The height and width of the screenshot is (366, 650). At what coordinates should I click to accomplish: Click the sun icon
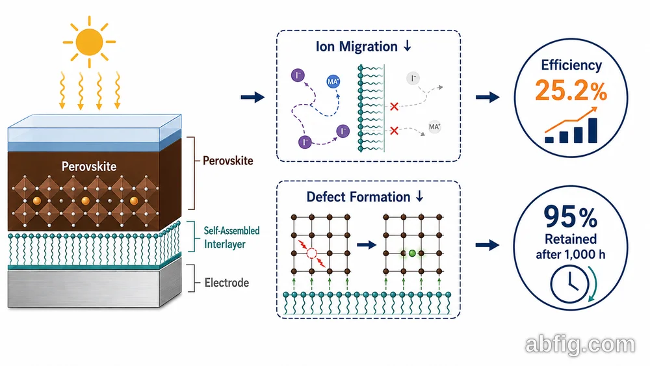click(x=89, y=42)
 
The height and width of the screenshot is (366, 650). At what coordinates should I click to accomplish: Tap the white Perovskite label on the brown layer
click(x=89, y=166)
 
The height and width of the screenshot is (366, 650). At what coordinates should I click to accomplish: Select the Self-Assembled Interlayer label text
click(x=231, y=237)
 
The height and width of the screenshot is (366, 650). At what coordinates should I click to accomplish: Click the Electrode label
click(x=227, y=283)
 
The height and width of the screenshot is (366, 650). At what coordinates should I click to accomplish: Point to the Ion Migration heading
click(x=363, y=46)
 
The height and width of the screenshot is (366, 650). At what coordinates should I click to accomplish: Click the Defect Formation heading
click(x=365, y=196)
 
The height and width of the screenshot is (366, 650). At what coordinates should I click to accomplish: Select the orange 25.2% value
click(x=571, y=90)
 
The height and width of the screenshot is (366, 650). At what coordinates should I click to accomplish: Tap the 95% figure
click(x=571, y=216)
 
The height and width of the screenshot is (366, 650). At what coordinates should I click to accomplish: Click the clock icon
click(x=569, y=284)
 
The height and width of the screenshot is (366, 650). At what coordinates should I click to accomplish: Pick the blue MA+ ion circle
click(x=333, y=82)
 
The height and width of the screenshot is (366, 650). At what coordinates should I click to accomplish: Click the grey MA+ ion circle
click(x=434, y=127)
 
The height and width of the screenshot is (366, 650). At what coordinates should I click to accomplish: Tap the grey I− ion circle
click(x=413, y=79)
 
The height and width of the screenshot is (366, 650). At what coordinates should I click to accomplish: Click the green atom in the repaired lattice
click(x=412, y=253)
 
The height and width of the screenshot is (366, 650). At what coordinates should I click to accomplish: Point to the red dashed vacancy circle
click(x=311, y=254)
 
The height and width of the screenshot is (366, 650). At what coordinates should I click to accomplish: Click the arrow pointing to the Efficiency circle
click(x=487, y=98)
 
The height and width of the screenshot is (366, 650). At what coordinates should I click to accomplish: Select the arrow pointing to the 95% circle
click(x=487, y=245)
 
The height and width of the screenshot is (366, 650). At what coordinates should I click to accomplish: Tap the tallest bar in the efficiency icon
click(x=592, y=131)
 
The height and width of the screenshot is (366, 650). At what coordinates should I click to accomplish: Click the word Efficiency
click(x=571, y=65)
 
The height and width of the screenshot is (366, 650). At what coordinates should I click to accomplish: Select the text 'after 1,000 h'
click(x=571, y=254)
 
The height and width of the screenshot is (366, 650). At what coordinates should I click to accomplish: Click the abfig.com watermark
click(x=580, y=345)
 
